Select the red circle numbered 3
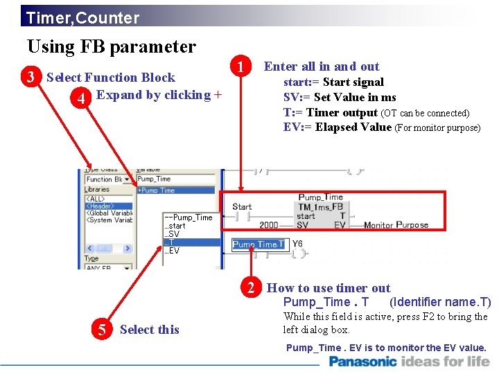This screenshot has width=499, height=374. click(30, 77)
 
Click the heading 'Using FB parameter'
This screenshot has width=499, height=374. click(112, 46)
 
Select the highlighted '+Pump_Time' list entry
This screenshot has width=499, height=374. click(175, 190)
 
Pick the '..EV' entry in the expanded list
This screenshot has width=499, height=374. click(172, 251)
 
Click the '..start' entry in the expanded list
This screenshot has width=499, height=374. click(175, 226)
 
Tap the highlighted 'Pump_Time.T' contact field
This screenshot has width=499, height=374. click(258, 244)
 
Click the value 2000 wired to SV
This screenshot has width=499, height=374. click(269, 225)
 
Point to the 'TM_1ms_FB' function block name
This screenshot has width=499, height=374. click(320, 207)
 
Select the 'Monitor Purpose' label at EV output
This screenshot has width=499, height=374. click(396, 225)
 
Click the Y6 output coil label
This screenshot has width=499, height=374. click(297, 243)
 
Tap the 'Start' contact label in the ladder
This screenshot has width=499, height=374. click(242, 206)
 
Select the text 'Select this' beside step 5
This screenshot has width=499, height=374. click(149, 330)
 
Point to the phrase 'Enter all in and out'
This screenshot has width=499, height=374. click(322, 66)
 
